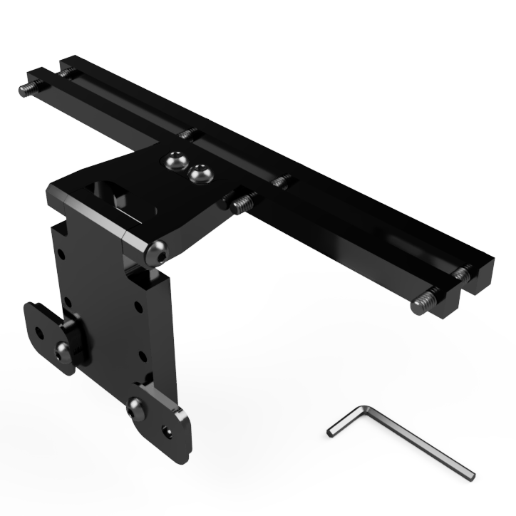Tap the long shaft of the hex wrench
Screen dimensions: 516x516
pos(420,441)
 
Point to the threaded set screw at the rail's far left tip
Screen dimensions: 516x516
pos(26,88)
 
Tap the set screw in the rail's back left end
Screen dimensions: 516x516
pos(67,71)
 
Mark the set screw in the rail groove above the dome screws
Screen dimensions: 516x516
pos(188,133)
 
